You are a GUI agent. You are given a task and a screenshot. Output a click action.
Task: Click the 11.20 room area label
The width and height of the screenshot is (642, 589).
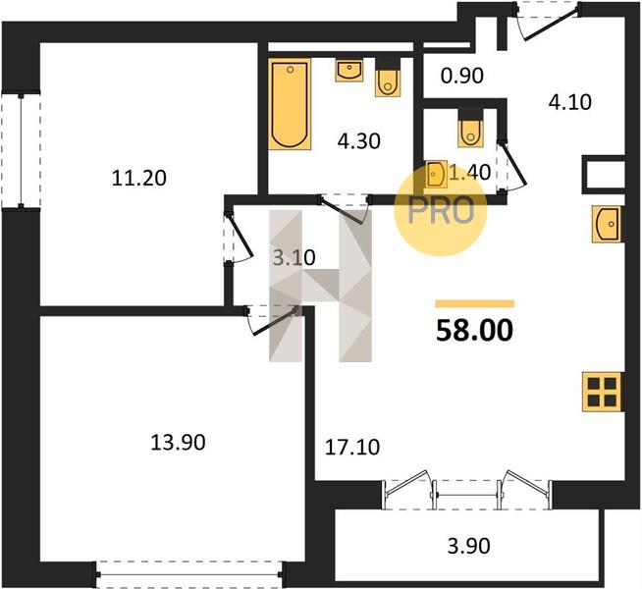pyautogui.click(x=139, y=179)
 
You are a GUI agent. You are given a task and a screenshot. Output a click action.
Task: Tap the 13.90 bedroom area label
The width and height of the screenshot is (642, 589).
pyautogui.click(x=178, y=443)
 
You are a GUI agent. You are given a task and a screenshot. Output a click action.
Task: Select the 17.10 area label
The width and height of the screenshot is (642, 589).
pyautogui.click(x=352, y=448)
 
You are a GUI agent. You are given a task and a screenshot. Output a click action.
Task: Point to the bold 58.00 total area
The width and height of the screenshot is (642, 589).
pyautogui.click(x=474, y=331)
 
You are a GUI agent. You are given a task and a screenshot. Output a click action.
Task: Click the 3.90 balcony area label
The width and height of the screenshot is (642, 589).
pyautogui.click(x=469, y=546)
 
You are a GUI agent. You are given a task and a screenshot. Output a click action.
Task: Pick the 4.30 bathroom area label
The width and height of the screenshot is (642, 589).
pyautogui.click(x=359, y=141)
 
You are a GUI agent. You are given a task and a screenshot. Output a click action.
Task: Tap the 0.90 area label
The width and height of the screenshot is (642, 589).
pyautogui.click(x=462, y=76)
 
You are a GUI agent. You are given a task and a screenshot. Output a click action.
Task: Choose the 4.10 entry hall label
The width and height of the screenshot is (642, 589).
pyautogui.click(x=570, y=102)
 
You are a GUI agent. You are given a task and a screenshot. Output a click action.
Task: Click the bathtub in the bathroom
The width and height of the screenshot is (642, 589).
pyautogui.click(x=290, y=104)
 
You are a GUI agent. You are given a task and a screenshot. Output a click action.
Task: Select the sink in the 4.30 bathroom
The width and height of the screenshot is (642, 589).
pyautogui.click(x=349, y=70)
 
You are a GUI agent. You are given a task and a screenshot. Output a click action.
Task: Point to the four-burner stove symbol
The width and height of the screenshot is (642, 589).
pyautogui.click(x=603, y=392)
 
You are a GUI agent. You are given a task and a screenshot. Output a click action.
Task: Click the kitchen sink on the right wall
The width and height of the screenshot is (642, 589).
pyautogui.click(x=608, y=224)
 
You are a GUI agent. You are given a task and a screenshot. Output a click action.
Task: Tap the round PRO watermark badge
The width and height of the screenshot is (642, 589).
pyautogui.click(x=441, y=211)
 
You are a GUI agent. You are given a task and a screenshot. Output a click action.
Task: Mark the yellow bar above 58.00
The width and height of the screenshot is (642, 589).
pyautogui.click(x=474, y=303)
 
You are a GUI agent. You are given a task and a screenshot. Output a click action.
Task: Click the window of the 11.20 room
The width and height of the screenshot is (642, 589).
pyautogui.click(x=21, y=150)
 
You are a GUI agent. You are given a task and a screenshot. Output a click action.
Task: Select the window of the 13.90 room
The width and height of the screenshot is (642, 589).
pyautogui.click(x=190, y=574)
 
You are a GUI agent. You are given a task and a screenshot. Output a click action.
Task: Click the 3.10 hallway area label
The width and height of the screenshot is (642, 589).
pyautogui.click(x=294, y=258)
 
